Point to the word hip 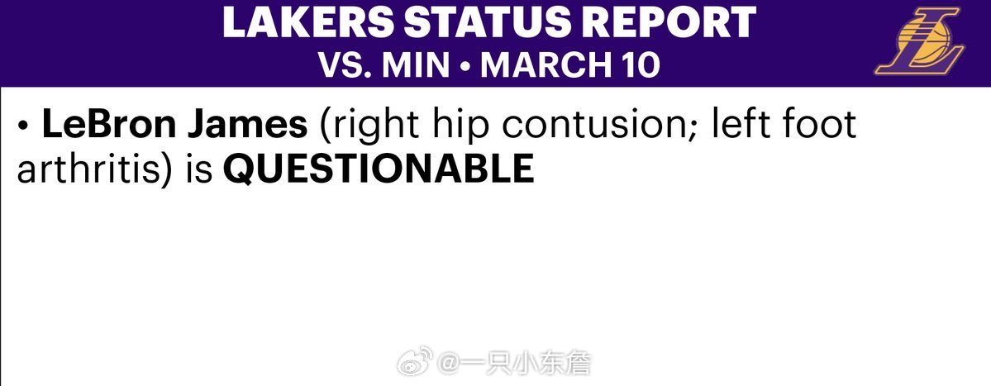coord(465,126)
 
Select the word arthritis coord(85,169)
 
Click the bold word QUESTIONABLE coord(379,169)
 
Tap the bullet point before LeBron coord(24,126)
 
